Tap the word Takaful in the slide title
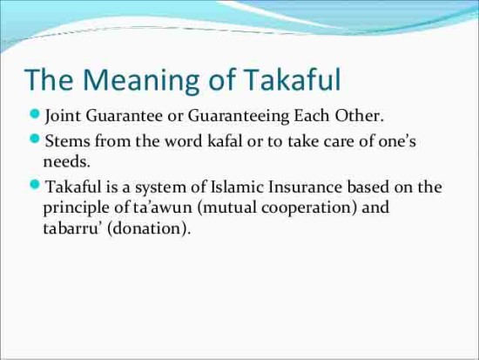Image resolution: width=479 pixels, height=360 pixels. tap(292, 79)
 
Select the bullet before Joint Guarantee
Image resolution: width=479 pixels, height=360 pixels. tap(36, 114)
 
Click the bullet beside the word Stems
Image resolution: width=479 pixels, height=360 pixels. tap(36, 139)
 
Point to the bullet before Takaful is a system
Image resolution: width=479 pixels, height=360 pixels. tap(36, 185)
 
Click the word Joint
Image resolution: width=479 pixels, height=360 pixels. tap(63, 117)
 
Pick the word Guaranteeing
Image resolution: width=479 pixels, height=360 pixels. tap(239, 117)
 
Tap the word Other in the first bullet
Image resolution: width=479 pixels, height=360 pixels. tap(359, 116)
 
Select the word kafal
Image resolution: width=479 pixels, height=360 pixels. tap(225, 141)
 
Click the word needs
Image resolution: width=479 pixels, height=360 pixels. tap(67, 162)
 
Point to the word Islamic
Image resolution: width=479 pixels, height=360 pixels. tap(237, 187)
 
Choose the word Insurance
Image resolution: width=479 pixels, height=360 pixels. tap(305, 187)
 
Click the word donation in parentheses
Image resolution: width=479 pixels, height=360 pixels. tap(147, 228)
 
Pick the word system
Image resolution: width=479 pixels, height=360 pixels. tap(160, 188)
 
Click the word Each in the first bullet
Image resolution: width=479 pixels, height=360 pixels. tap(312, 116)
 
